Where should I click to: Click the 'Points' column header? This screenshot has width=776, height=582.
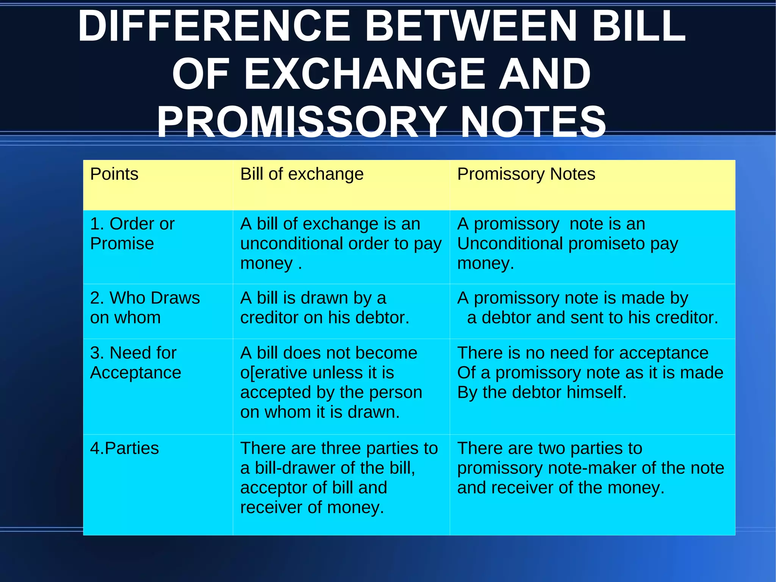tap(114, 174)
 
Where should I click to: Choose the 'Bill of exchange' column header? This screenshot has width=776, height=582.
tap(302, 174)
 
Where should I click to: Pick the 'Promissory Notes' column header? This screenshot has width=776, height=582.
tap(526, 174)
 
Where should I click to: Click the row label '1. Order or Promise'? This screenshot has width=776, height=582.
tap(132, 234)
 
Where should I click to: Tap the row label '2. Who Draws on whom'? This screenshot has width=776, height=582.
tap(145, 307)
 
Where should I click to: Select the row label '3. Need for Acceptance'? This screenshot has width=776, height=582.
tap(135, 363)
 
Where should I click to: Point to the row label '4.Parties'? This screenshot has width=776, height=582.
tap(124, 449)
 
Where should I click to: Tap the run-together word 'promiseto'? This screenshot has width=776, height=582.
tap(607, 244)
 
